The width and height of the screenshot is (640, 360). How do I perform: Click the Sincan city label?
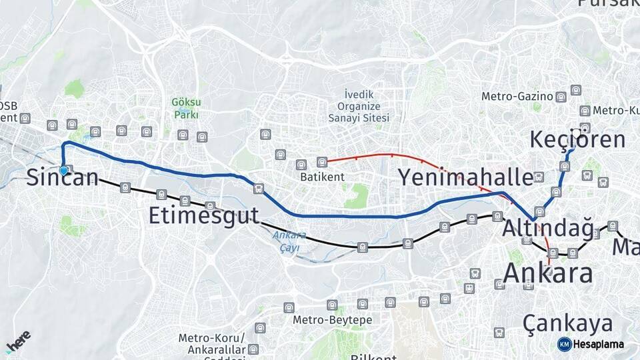(x=63, y=178)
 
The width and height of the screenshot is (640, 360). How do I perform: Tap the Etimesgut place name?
(x=203, y=216)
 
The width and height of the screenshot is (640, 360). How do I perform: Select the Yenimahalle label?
(x=466, y=177)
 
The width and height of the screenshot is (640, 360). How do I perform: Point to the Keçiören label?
(x=577, y=140)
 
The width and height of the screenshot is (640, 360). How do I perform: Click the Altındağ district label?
(x=547, y=228)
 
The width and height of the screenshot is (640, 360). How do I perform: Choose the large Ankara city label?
(x=547, y=273)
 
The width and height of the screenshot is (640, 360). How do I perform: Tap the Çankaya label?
(x=567, y=324)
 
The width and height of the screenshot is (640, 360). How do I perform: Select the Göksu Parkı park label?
(x=186, y=108)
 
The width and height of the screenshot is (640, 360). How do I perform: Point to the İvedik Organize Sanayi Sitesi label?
(x=358, y=107)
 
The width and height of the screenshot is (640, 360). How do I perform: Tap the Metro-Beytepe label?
(x=333, y=320)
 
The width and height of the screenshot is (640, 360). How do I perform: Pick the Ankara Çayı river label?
(x=289, y=241)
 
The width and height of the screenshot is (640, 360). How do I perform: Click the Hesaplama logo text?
(x=598, y=344)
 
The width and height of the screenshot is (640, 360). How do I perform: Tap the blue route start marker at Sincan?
(x=63, y=171)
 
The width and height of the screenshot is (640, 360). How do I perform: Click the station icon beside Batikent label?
(x=322, y=162)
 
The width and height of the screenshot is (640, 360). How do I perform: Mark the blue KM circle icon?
(x=565, y=344)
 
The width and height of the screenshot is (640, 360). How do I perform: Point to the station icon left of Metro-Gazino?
(x=561, y=97)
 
